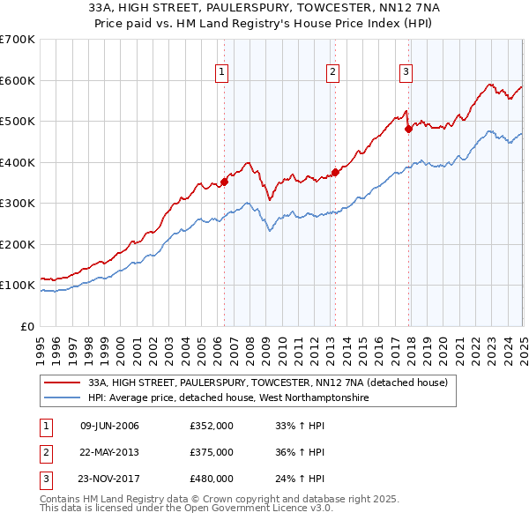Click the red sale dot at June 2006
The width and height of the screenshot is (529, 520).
[x=224, y=182]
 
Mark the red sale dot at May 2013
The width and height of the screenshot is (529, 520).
[x=335, y=173]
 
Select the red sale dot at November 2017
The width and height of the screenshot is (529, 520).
[x=408, y=130]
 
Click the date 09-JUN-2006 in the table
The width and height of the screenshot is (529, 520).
[x=109, y=426]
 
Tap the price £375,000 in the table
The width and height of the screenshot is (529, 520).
[x=212, y=452]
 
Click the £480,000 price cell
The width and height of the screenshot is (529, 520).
[x=212, y=479]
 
